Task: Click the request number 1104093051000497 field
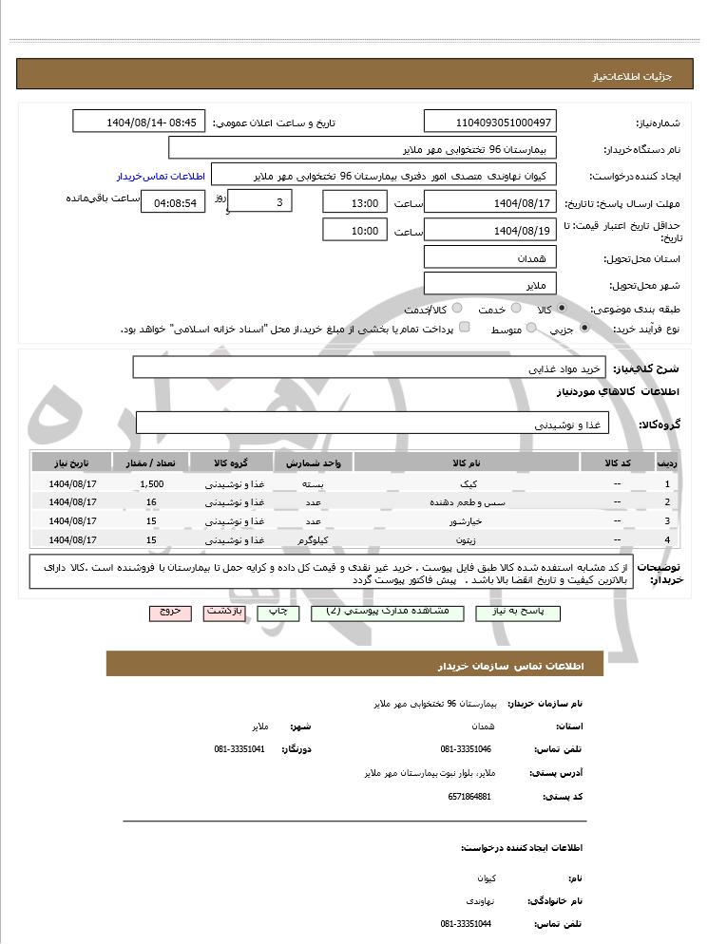point(490,123)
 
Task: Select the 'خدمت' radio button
point(515,309)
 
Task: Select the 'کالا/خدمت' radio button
point(457,309)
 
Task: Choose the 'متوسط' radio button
point(530,329)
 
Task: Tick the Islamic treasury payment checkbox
point(464,329)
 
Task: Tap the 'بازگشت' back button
point(226,613)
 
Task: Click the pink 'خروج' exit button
point(170,613)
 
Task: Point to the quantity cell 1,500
point(152,483)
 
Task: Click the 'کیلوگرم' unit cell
point(314,540)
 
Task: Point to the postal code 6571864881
point(469,796)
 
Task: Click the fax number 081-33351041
point(239,749)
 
